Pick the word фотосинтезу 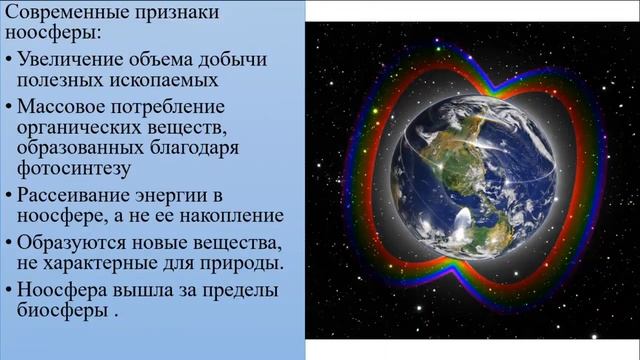point(67,167)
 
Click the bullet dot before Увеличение point(8,61)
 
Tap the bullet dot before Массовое point(8,107)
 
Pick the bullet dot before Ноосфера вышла point(8,290)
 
